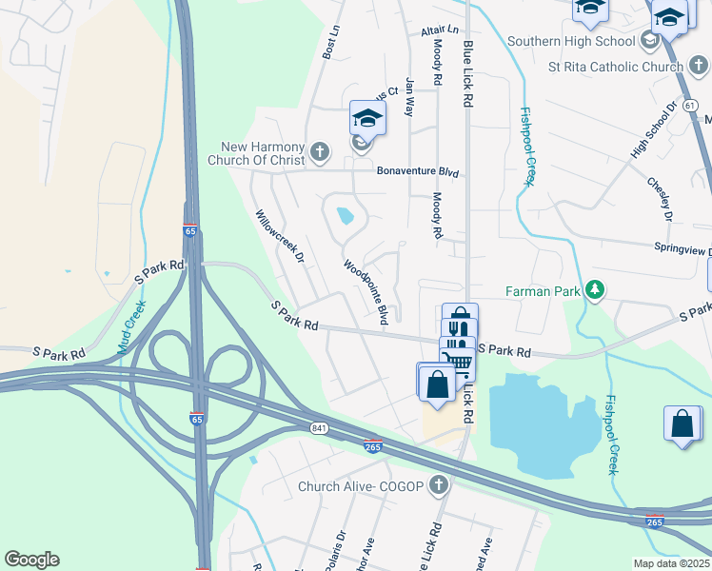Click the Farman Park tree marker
[x=595, y=288]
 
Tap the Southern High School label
[x=571, y=41]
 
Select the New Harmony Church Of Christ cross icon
[x=320, y=150]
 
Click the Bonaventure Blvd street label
[x=418, y=172]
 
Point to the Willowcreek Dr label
[x=279, y=237]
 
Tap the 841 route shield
[x=319, y=429]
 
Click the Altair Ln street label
[x=440, y=31]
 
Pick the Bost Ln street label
[x=330, y=42]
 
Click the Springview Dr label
[x=682, y=249]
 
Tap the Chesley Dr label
[x=660, y=199]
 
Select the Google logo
[x=31, y=560]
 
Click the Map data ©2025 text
[x=671, y=563]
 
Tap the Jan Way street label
[x=410, y=96]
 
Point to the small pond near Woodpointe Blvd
[x=345, y=215]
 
